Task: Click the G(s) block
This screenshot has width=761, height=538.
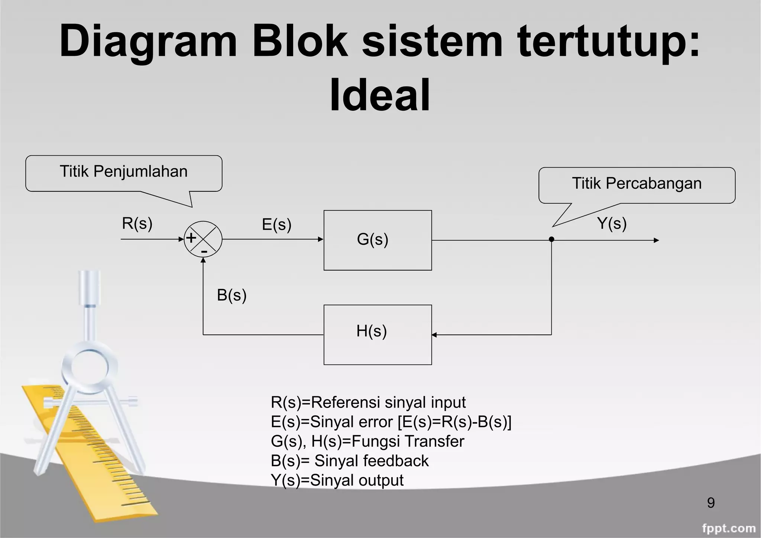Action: tap(378, 240)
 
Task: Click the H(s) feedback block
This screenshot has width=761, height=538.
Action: tap(378, 334)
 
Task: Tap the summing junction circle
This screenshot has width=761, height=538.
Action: tap(203, 239)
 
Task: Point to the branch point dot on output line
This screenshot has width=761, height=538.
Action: tap(551, 239)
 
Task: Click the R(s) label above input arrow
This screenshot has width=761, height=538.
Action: tap(137, 223)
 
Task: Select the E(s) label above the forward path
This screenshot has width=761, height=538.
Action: tap(276, 224)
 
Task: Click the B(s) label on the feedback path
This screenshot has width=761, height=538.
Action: tap(231, 295)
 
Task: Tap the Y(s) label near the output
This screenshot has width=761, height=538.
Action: tap(612, 223)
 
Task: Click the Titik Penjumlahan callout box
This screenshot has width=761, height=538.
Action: tap(124, 173)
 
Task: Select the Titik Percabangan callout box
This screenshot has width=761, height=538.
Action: tap(637, 185)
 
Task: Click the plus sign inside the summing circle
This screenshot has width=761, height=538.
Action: tap(191, 238)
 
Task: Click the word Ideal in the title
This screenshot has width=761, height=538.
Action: tap(380, 95)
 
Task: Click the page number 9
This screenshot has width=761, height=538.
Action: tap(710, 503)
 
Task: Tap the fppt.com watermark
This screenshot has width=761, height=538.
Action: tap(729, 528)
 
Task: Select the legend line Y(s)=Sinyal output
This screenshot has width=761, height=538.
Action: tap(337, 480)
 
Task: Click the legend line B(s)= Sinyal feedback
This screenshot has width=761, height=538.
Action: tap(349, 461)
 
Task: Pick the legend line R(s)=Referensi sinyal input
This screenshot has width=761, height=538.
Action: tap(368, 402)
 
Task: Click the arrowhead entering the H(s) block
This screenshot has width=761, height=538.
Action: tap(434, 335)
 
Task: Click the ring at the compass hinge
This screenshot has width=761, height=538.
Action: tap(90, 366)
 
